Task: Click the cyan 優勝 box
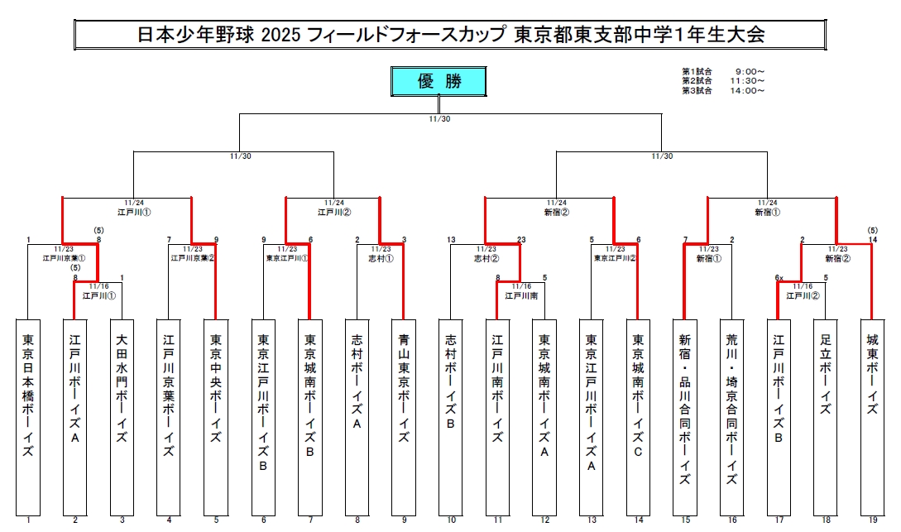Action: pos(439,81)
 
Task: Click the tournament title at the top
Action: pos(450,35)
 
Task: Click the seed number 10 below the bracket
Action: pos(451,520)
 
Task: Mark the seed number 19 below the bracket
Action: pos(872,520)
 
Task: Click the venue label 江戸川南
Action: pos(520,295)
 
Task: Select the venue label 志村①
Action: pos(381,257)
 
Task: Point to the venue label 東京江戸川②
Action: pos(615,257)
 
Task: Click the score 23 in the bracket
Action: pos(521,240)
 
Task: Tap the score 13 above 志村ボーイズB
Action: pos(452,240)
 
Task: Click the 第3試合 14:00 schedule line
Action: pos(722,90)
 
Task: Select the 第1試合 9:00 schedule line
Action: pos(722,72)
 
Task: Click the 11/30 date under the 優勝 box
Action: pos(439,118)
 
